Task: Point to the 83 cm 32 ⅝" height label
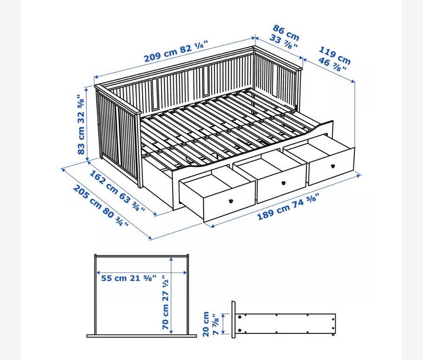tap(81, 124)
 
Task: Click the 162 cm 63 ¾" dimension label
tap(117, 190)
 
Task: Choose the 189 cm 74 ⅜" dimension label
tap(288, 207)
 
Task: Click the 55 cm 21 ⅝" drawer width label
tap(129, 278)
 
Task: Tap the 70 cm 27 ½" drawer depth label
tap(165, 302)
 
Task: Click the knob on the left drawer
tap(231, 201)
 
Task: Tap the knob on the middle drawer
tap(283, 183)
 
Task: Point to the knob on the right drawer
tap(333, 166)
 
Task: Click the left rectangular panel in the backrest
tap(155, 94)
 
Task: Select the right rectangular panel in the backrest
tap(206, 80)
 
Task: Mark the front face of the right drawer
tap(331, 166)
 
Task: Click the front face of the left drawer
tap(229, 201)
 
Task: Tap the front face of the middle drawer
tap(282, 183)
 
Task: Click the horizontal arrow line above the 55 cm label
tap(142, 273)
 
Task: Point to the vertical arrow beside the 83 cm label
tap(87, 124)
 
